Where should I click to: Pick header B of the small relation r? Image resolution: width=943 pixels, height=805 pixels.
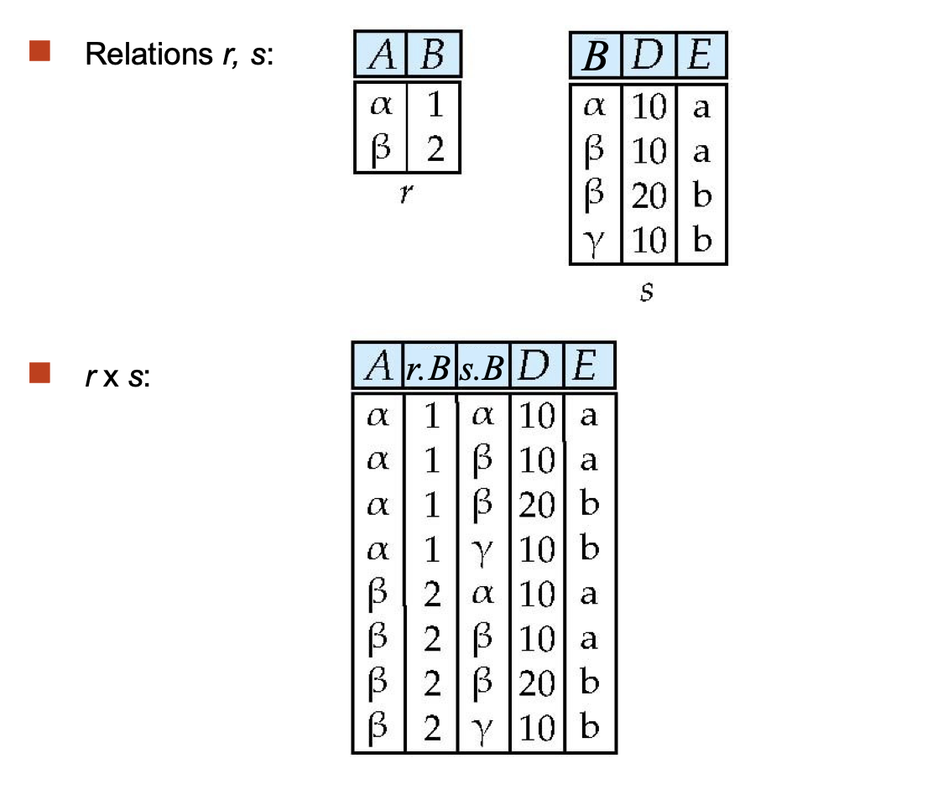pos(433,56)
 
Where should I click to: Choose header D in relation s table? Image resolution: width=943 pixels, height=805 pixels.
pos(649,57)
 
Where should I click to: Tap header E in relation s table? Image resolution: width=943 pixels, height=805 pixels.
pos(701,57)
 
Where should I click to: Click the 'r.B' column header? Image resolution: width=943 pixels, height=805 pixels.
pos(430,367)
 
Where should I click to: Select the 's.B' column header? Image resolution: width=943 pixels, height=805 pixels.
pos(483,367)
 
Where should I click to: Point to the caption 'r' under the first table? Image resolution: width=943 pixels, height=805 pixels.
pos(406,193)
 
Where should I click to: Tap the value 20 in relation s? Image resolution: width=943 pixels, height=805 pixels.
pos(649,196)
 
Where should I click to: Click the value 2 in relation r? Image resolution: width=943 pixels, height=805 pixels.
pos(435,150)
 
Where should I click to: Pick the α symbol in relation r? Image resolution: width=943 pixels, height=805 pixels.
pos(380,106)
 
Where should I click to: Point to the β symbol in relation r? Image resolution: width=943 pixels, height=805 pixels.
pos(380,150)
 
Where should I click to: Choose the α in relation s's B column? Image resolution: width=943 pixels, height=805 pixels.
pos(595,106)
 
